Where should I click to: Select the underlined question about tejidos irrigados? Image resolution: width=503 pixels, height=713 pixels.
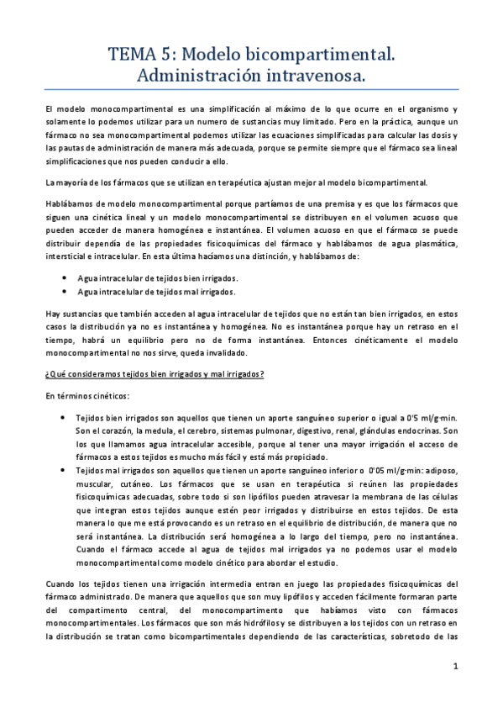(x=155, y=374)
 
